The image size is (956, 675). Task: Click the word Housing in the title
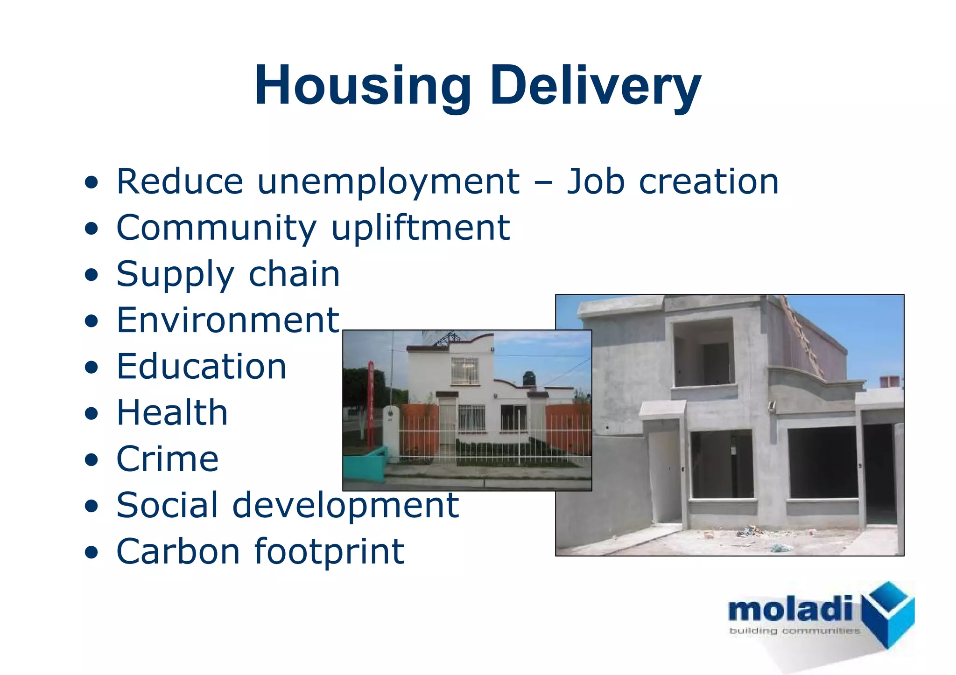pos(362,86)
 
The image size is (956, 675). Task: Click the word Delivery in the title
pos(595,86)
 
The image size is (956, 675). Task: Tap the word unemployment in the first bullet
pos(388,181)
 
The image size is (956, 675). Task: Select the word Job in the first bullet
pos(595,181)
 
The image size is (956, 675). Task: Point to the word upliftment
pos(421,228)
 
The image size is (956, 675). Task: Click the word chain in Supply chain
pos(294,274)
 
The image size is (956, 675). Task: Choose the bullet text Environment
pos(228,320)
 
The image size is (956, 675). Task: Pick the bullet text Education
pos(201,367)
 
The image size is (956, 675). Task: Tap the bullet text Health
pos(172,413)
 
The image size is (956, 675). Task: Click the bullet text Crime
pos(167,459)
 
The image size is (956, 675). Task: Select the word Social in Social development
pos(167,505)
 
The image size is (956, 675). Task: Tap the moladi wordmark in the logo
pos(790,609)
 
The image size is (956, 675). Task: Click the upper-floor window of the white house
pos(464,370)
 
